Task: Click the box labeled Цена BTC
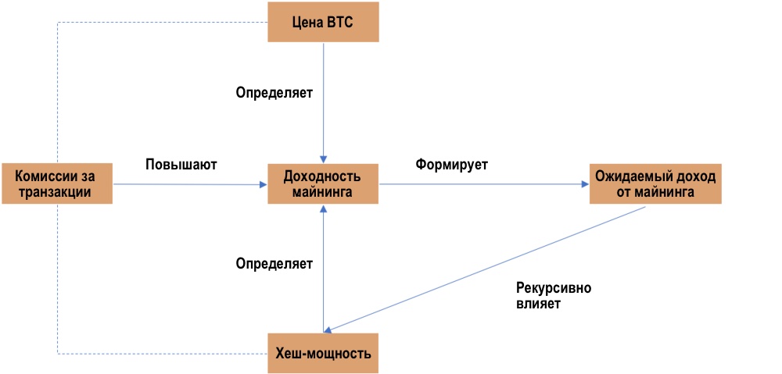(x=323, y=22)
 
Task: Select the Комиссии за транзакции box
(x=57, y=184)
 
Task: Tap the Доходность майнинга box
(x=323, y=184)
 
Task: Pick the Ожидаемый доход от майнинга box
(x=655, y=184)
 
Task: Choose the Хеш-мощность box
(x=323, y=353)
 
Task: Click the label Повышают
(x=181, y=166)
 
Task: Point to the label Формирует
(x=452, y=166)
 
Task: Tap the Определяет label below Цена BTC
(x=274, y=93)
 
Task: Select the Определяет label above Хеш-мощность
(x=274, y=264)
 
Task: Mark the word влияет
(x=538, y=305)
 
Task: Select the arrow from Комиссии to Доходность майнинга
(x=188, y=184)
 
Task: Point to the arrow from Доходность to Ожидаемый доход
(x=485, y=184)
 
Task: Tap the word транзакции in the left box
(x=57, y=192)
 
